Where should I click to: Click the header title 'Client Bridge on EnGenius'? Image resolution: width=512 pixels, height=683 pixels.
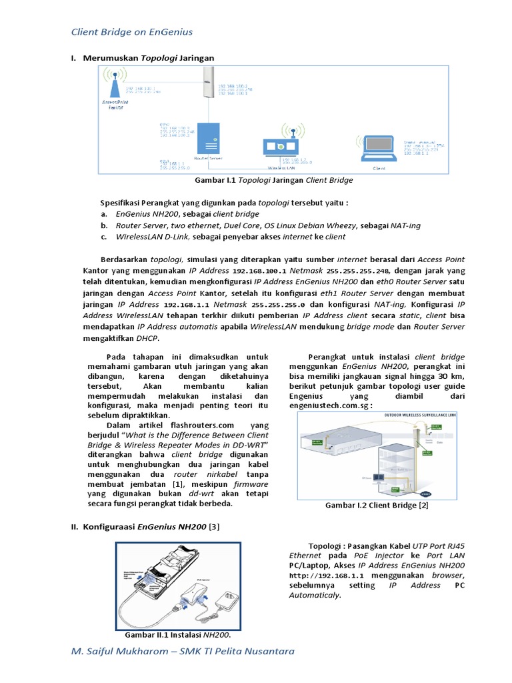coord(132,31)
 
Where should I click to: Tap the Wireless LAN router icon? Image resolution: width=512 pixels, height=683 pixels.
coord(283,144)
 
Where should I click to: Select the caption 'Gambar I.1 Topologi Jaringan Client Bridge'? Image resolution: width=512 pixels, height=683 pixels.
coord(273,180)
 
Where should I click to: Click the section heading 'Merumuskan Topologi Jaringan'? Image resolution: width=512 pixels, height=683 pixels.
coord(149,58)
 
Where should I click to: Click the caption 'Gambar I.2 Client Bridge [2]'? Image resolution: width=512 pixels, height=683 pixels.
coord(377,506)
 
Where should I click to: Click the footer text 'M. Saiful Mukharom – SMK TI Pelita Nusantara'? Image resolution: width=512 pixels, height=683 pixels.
coord(182,651)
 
